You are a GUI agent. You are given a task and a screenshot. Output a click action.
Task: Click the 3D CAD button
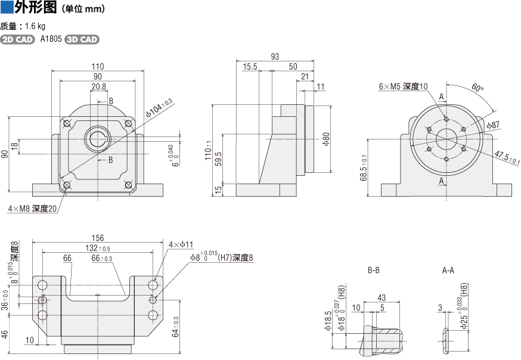(82, 39)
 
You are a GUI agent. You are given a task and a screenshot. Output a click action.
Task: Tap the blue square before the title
(7, 8)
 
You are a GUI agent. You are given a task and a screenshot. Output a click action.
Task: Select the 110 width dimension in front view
(98, 66)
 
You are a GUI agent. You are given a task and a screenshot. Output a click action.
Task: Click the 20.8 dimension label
(99, 87)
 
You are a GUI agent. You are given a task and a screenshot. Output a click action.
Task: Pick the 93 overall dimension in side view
(275, 57)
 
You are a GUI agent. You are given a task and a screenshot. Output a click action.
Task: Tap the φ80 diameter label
(326, 139)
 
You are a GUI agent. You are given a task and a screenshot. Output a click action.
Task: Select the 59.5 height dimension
(218, 160)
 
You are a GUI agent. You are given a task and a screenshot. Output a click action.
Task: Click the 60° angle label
(477, 88)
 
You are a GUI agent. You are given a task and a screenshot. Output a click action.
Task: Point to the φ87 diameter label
(493, 125)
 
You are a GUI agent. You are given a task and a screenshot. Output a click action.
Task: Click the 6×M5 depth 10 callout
(404, 86)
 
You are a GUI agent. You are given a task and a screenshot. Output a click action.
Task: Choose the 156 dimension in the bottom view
(97, 238)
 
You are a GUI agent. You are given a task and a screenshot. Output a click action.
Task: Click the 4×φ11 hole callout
(181, 245)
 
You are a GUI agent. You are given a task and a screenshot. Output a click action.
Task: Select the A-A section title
(448, 271)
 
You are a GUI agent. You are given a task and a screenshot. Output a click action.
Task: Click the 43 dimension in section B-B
(382, 298)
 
